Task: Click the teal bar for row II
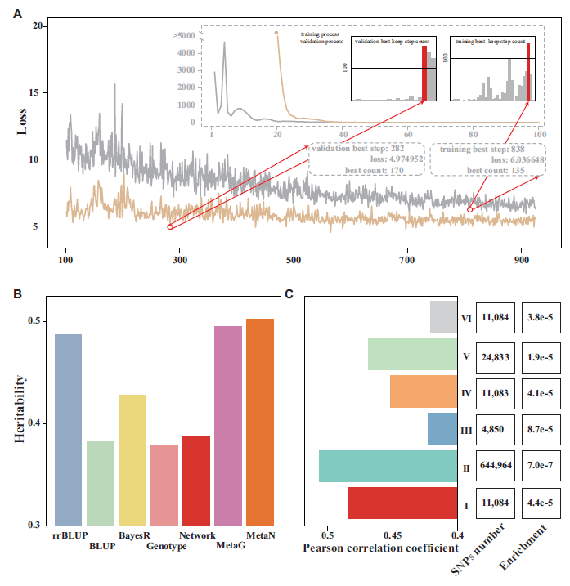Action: pyautogui.click(x=388, y=466)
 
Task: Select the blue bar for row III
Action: pyautogui.click(x=442, y=428)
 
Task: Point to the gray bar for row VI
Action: pyautogui.click(x=444, y=317)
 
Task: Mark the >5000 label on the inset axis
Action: pyautogui.click(x=184, y=35)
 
